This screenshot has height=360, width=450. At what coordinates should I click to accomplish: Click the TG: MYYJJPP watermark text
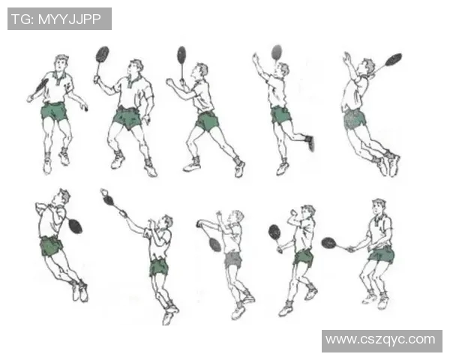[56, 19]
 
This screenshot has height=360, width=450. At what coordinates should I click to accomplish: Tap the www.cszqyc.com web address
[380, 340]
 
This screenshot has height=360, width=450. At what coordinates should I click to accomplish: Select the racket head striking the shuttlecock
[109, 199]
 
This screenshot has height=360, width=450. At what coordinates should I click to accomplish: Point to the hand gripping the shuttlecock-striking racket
[124, 213]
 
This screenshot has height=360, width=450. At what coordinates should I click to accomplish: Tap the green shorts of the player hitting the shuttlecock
[159, 267]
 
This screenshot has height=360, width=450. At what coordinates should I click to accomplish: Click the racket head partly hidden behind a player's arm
[41, 85]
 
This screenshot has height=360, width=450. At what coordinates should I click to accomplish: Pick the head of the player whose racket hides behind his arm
[61, 63]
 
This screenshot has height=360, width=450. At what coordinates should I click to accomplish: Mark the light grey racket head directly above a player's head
[277, 52]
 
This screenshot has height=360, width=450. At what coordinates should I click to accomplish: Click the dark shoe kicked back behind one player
[310, 142]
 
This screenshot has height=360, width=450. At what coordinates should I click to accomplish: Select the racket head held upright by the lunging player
[181, 55]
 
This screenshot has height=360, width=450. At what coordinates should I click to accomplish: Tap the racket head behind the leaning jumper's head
[393, 59]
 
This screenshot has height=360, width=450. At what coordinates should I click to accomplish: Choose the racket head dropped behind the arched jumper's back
[76, 226]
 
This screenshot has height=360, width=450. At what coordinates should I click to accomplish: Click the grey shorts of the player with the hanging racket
[232, 260]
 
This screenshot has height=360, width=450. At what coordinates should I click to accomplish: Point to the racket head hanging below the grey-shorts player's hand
[215, 245]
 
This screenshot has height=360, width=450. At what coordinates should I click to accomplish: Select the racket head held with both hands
[329, 243]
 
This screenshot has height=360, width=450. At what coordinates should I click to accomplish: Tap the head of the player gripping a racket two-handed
[379, 207]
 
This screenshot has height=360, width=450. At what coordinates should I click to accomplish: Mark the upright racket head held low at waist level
[274, 232]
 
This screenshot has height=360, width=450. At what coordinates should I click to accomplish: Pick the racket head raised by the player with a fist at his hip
[103, 54]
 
